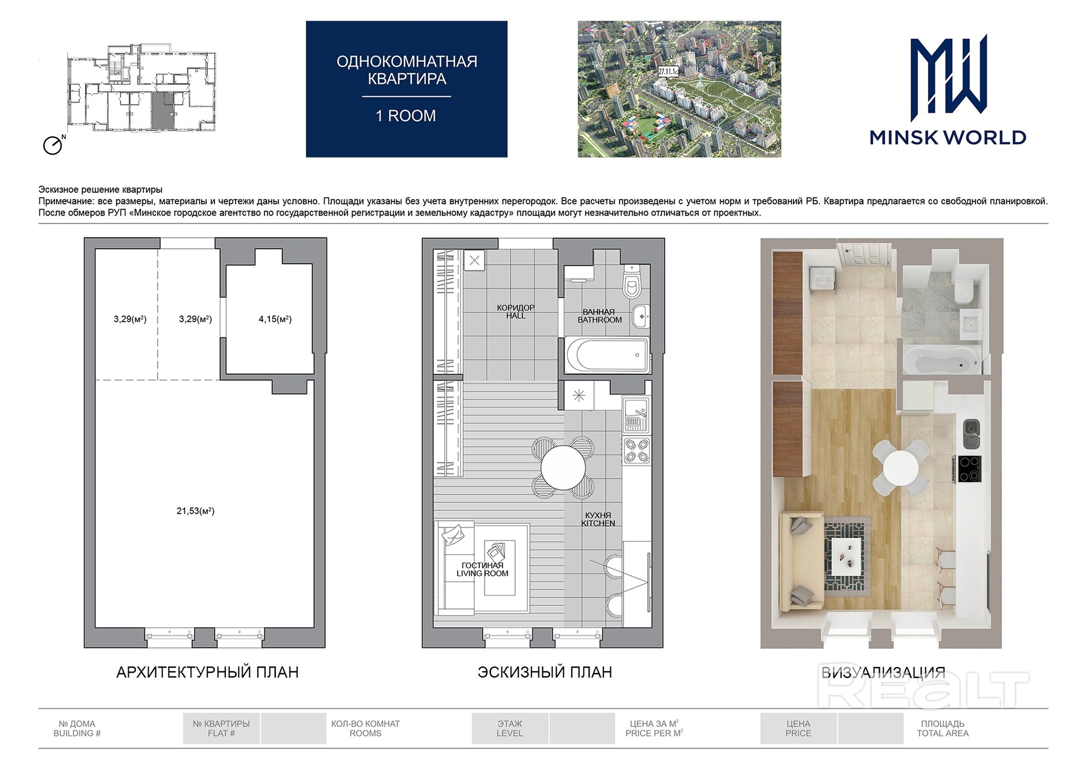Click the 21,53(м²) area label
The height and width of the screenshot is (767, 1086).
[196, 511]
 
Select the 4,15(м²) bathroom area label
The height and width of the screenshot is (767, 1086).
[275, 319]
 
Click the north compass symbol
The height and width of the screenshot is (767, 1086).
[53, 145]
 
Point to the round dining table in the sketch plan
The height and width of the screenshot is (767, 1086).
[563, 467]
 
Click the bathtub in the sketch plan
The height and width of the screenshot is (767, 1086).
[607, 355]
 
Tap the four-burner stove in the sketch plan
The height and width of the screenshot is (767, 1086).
[637, 451]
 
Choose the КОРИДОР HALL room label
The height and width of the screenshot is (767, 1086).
[516, 311]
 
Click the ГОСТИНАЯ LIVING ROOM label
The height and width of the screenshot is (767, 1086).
[483, 569]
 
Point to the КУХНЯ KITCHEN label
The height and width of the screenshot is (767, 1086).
[598, 519]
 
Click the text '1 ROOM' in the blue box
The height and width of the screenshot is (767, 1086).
[406, 116]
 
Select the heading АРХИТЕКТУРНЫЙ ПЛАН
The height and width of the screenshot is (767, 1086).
[208, 672]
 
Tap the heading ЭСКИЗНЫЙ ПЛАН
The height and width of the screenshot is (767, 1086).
[545, 672]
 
